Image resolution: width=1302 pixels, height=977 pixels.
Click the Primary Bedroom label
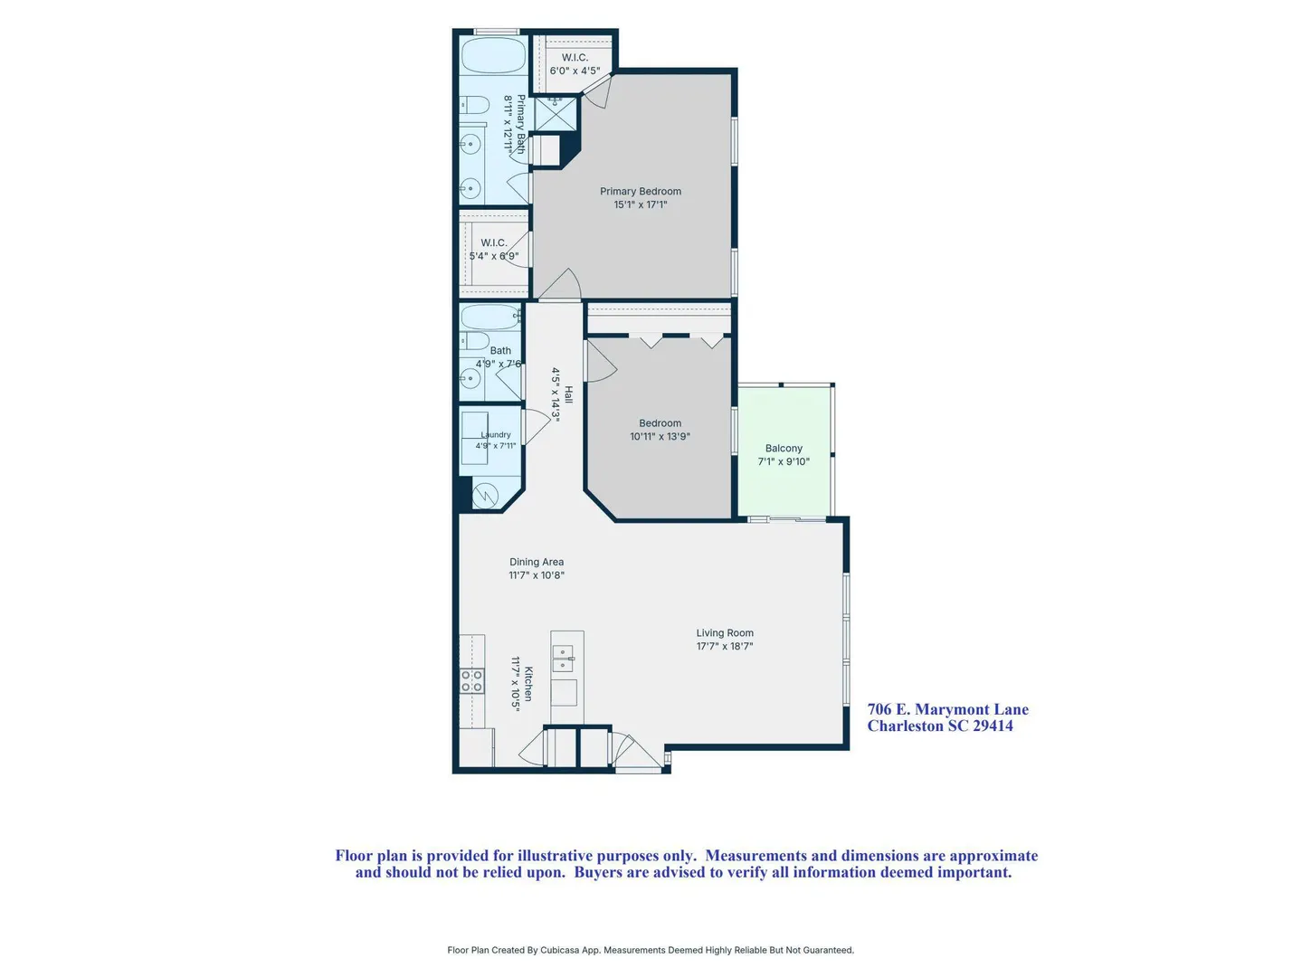point(640,191)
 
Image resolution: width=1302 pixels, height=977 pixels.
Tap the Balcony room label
point(783,448)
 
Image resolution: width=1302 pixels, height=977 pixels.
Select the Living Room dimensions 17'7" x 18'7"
point(724,646)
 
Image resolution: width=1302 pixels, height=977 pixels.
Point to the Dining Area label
point(537,562)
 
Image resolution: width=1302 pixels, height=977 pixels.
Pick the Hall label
point(568,394)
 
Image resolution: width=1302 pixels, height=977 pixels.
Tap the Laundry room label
point(495,434)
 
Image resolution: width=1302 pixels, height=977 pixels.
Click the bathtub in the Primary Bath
point(493,55)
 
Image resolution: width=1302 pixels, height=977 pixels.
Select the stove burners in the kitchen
point(472,680)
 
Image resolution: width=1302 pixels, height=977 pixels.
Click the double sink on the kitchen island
point(563,658)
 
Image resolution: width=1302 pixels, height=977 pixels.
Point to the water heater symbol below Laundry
point(485,496)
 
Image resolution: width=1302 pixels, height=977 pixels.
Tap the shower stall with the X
point(556,114)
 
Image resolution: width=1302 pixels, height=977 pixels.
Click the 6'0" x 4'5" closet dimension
point(575,71)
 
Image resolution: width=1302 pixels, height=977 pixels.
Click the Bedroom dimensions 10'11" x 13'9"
point(660,436)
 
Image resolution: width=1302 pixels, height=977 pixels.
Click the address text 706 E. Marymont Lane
point(948,709)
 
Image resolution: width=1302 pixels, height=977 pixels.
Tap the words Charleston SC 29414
point(940,726)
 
